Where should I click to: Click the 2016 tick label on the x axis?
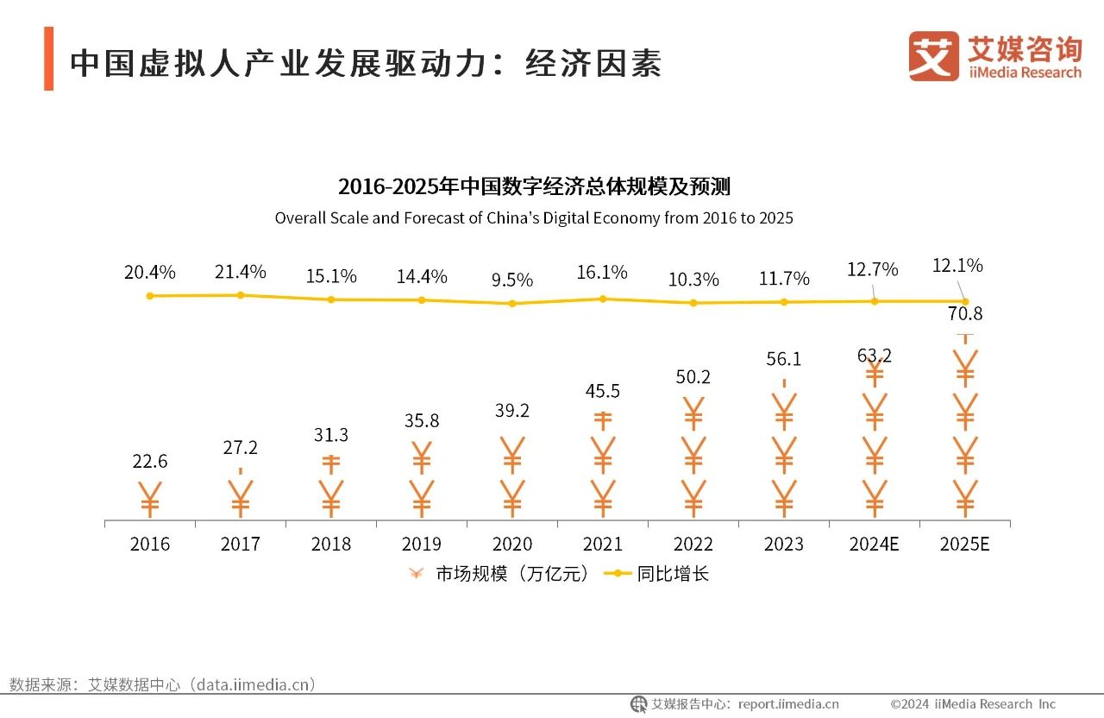click(150, 545)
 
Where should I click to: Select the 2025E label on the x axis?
click(964, 545)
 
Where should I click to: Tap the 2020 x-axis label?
click(512, 545)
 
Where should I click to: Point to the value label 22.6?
click(150, 462)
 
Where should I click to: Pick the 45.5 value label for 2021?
click(602, 391)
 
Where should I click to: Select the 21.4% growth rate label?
click(241, 272)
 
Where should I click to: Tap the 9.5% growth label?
click(512, 280)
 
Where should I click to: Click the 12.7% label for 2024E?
click(872, 269)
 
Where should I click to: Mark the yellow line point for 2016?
click(150, 295)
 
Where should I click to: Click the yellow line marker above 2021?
click(603, 299)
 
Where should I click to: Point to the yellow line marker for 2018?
click(331, 299)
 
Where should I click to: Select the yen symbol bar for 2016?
click(150, 499)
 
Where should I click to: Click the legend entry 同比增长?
click(673, 574)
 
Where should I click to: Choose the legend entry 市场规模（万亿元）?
click(514, 574)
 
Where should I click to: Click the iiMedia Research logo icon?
click(933, 56)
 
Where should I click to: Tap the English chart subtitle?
click(534, 218)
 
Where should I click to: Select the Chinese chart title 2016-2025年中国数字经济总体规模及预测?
click(534, 186)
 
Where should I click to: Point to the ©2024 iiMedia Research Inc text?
click(973, 704)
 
